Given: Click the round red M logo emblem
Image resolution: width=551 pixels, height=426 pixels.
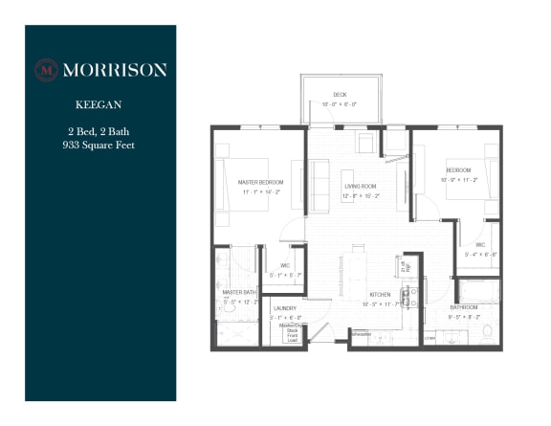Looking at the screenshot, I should point(47,69).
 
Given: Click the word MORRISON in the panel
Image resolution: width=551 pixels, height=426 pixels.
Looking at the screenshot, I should point(114,69).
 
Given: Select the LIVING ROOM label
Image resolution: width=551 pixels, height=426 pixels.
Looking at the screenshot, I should point(361,185).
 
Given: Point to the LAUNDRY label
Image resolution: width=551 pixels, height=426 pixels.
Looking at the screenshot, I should point(284,307).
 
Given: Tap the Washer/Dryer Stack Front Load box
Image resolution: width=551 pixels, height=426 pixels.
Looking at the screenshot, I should point(290,330).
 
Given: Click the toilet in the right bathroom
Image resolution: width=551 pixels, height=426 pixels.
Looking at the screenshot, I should point(487,331).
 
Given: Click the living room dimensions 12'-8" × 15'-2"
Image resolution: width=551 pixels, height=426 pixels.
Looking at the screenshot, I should point(361,195).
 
